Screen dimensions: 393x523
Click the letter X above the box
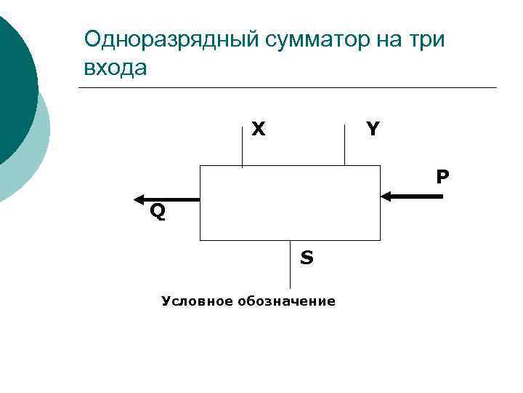pyautogui.click(x=258, y=130)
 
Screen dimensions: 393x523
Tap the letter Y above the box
pyautogui.click(x=373, y=130)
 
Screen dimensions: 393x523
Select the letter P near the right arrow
pyautogui.click(x=442, y=177)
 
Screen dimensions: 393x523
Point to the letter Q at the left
pyautogui.click(x=157, y=213)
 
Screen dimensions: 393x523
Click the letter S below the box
pyautogui.click(x=307, y=258)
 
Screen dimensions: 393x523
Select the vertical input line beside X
pyautogui.click(x=242, y=146)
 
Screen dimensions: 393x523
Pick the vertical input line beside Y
pyautogui.click(x=344, y=145)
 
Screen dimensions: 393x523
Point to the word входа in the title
pyautogui.click(x=115, y=68)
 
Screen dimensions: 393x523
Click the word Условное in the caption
pyautogui.click(x=193, y=301)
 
